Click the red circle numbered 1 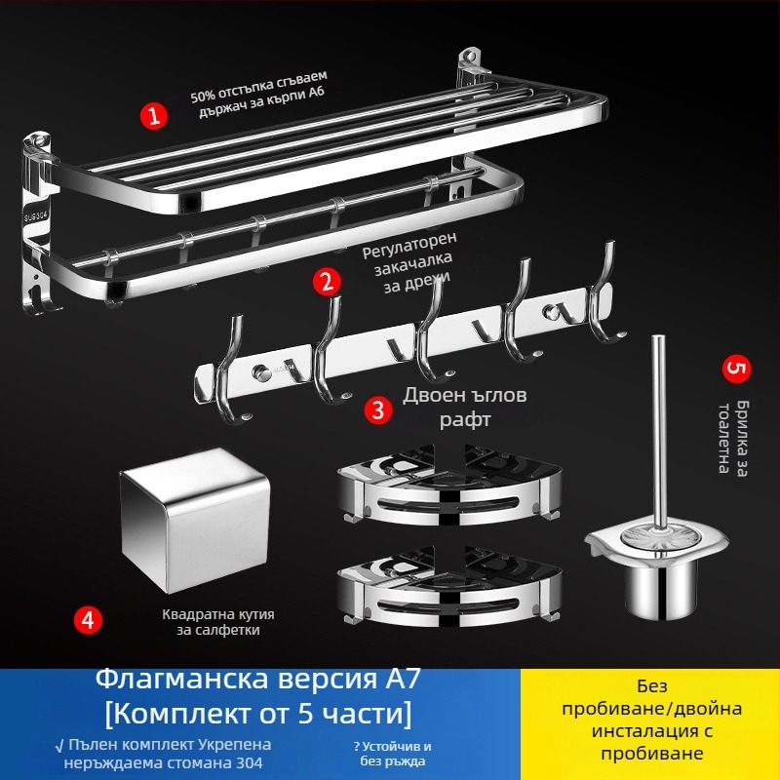[153, 117]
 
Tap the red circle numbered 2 [327, 283]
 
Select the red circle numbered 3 [377, 409]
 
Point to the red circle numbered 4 [89, 620]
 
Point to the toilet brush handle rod [659, 419]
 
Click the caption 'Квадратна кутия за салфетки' [218, 622]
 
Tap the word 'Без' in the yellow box [649, 685]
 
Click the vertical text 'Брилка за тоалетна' [733, 436]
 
